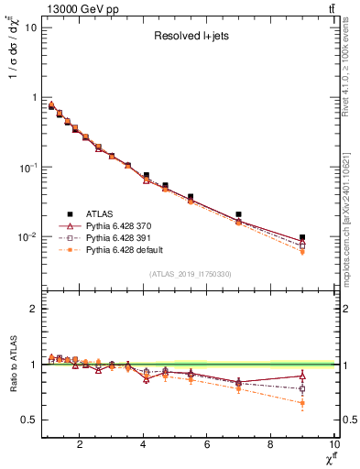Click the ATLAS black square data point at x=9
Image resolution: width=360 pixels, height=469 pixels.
click(301, 237)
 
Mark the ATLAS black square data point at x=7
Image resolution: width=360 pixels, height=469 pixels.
click(238, 214)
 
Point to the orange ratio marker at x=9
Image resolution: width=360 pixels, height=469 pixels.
click(301, 403)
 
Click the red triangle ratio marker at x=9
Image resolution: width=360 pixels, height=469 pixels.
click(301, 376)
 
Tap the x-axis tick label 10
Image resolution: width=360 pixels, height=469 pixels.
click(333, 446)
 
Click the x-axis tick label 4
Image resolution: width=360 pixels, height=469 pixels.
click(143, 446)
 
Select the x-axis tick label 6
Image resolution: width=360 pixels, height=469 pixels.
click(206, 446)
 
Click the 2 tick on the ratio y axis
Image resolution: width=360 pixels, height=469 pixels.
click(33, 309)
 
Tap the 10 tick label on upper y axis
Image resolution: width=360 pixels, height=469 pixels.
click(29, 27)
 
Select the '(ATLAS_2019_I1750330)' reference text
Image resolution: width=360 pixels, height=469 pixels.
click(190, 273)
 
